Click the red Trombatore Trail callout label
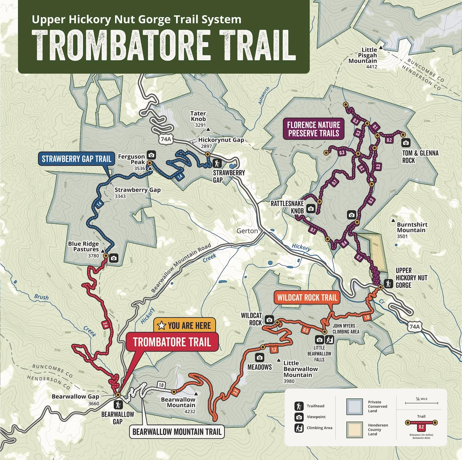[x=172, y=342]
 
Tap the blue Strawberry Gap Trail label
[x=76, y=159]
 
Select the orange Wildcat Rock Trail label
[x=307, y=298]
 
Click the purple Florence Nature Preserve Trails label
[x=314, y=129]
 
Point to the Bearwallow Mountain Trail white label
[x=177, y=432]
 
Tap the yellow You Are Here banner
[x=184, y=325]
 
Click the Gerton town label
[x=247, y=231]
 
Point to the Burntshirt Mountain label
[x=412, y=228]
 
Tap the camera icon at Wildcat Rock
[x=269, y=320]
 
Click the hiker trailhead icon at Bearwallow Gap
[x=118, y=405]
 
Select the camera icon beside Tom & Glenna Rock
[x=406, y=143]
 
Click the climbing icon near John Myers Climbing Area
[x=330, y=340]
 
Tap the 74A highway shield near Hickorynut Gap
[x=166, y=139]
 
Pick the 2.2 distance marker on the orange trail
[x=235, y=392]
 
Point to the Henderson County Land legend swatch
[x=355, y=429]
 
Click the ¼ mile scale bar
[x=421, y=403]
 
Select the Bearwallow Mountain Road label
[x=181, y=268]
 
